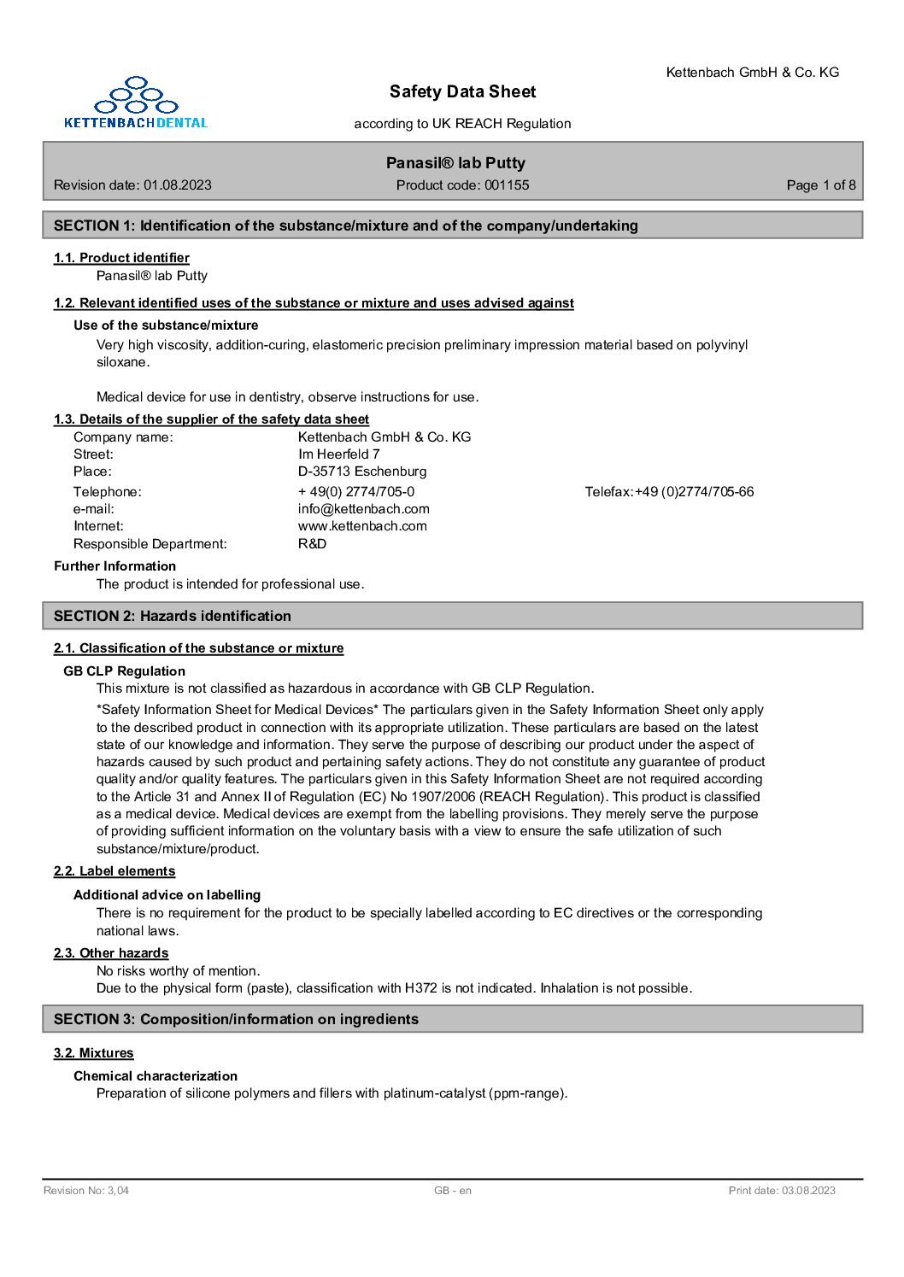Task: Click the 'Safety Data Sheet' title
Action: tap(462, 91)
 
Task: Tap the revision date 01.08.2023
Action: tap(178, 185)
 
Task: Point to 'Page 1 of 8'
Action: tap(820, 185)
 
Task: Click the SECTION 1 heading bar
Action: tap(453, 226)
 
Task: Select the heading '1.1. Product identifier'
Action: tap(121, 258)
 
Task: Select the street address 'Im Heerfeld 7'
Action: tap(339, 454)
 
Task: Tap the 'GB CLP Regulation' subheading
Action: tap(125, 671)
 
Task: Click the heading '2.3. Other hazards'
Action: tap(111, 953)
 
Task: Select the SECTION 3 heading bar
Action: tap(453, 1019)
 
